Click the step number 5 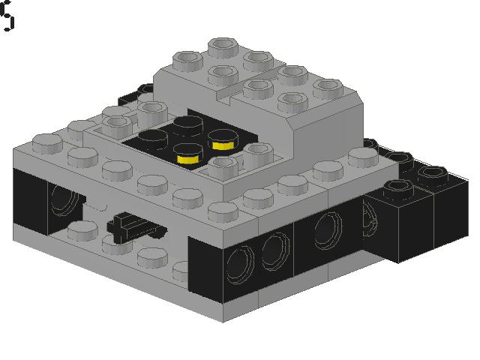coord(7,16)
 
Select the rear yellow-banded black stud coord(222,139)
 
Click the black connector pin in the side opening coord(129,224)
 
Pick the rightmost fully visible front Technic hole coord(328,228)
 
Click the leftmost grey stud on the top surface coord(46,142)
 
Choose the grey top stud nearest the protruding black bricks coord(364,157)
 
